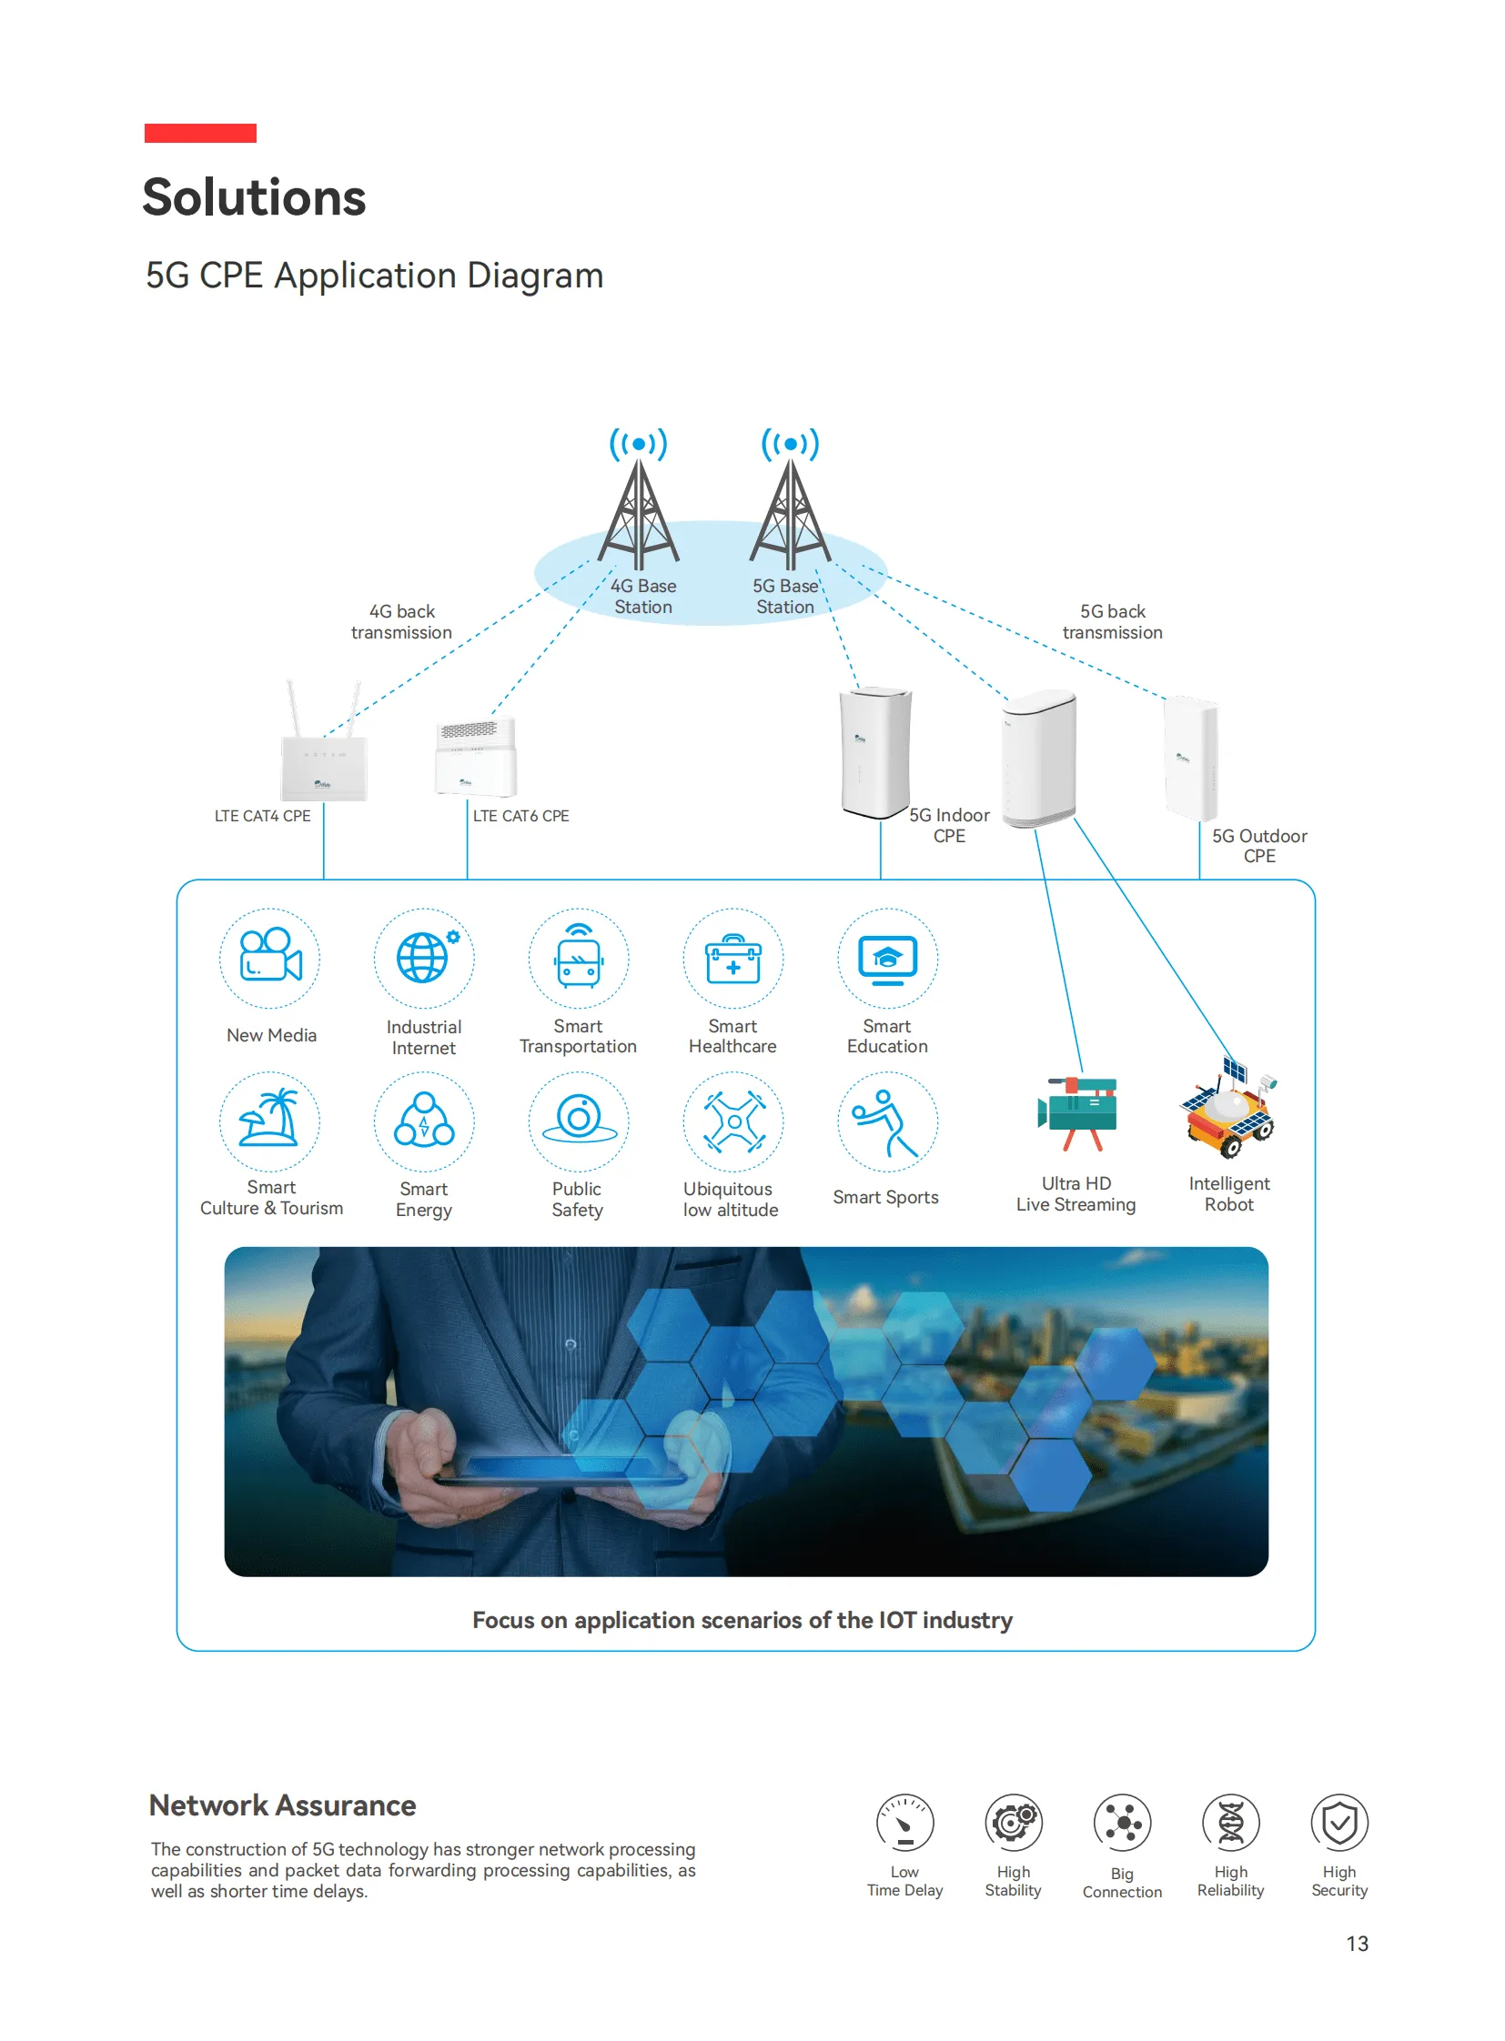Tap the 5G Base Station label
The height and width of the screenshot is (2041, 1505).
pyautogui.click(x=784, y=597)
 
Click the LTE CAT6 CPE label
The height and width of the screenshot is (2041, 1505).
pyautogui.click(x=520, y=816)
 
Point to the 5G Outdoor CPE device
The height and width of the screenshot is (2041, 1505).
pyautogui.click(x=1192, y=758)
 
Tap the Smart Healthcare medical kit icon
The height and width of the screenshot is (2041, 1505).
pyautogui.click(x=732, y=958)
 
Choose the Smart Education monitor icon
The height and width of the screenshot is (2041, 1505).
pyautogui.click(x=887, y=958)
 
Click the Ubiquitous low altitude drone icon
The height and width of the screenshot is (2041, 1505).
pyautogui.click(x=732, y=1121)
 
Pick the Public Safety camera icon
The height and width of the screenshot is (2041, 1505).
pyautogui.click(x=579, y=1121)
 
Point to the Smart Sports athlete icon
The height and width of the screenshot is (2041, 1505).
pyautogui.click(x=886, y=1121)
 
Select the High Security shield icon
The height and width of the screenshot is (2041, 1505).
pyautogui.click(x=1338, y=1823)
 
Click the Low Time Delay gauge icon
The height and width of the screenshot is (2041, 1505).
pyautogui.click(x=904, y=1823)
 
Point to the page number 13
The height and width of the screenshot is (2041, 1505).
pyautogui.click(x=1357, y=1944)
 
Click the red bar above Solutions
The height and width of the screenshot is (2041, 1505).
pyautogui.click(x=200, y=133)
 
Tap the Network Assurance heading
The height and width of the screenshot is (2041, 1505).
pyautogui.click(x=282, y=1805)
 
